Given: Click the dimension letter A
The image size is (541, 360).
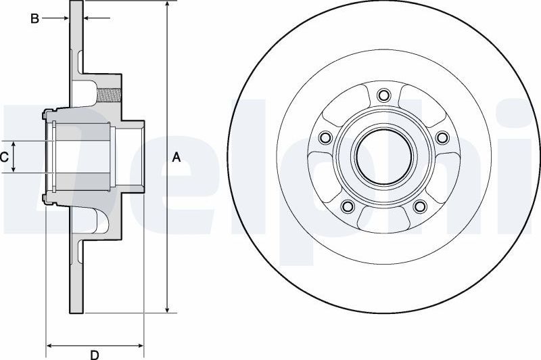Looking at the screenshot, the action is point(177,158).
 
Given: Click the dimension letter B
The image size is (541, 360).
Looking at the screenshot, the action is point(34,19).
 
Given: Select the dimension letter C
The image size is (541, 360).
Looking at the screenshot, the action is point(4,158).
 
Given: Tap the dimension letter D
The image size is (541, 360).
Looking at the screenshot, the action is point(95,355).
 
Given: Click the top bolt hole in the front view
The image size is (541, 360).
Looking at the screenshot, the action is point(383,95).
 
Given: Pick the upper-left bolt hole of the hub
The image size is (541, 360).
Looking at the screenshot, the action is point(325,138).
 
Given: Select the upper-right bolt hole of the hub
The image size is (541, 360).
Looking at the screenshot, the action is point(442,138).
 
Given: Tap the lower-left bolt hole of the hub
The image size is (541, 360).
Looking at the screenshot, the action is point(348,206).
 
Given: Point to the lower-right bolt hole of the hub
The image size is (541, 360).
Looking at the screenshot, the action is point(419,206).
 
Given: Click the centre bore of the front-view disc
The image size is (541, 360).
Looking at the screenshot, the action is point(383,157).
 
